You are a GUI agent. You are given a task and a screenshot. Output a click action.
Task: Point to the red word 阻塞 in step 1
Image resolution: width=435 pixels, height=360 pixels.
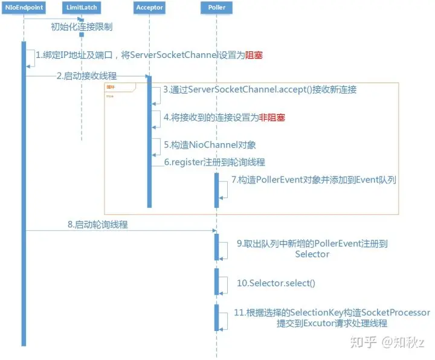tap(254, 55)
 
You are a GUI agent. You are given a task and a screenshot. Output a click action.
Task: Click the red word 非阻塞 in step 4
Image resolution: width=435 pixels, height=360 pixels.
tap(272, 118)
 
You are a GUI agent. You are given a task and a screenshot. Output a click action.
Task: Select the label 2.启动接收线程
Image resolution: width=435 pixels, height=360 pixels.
tap(86, 76)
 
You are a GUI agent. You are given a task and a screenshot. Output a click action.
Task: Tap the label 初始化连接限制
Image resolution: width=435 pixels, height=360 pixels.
tap(82, 27)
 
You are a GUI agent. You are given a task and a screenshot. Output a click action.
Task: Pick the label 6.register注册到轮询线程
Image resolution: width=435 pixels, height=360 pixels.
tap(214, 162)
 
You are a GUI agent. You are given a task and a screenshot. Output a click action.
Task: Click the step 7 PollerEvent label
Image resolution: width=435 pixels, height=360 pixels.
tap(314, 180)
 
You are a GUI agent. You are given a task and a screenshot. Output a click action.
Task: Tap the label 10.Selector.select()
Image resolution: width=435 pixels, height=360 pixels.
tap(275, 283)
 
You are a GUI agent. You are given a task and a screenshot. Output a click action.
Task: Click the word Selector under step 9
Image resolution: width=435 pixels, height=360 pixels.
tap(312, 254)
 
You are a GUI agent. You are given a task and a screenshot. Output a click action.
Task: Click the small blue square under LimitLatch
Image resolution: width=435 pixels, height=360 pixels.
tap(81, 34)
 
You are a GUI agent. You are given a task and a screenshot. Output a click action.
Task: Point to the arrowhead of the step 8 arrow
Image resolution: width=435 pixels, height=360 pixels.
tap(214, 230)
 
